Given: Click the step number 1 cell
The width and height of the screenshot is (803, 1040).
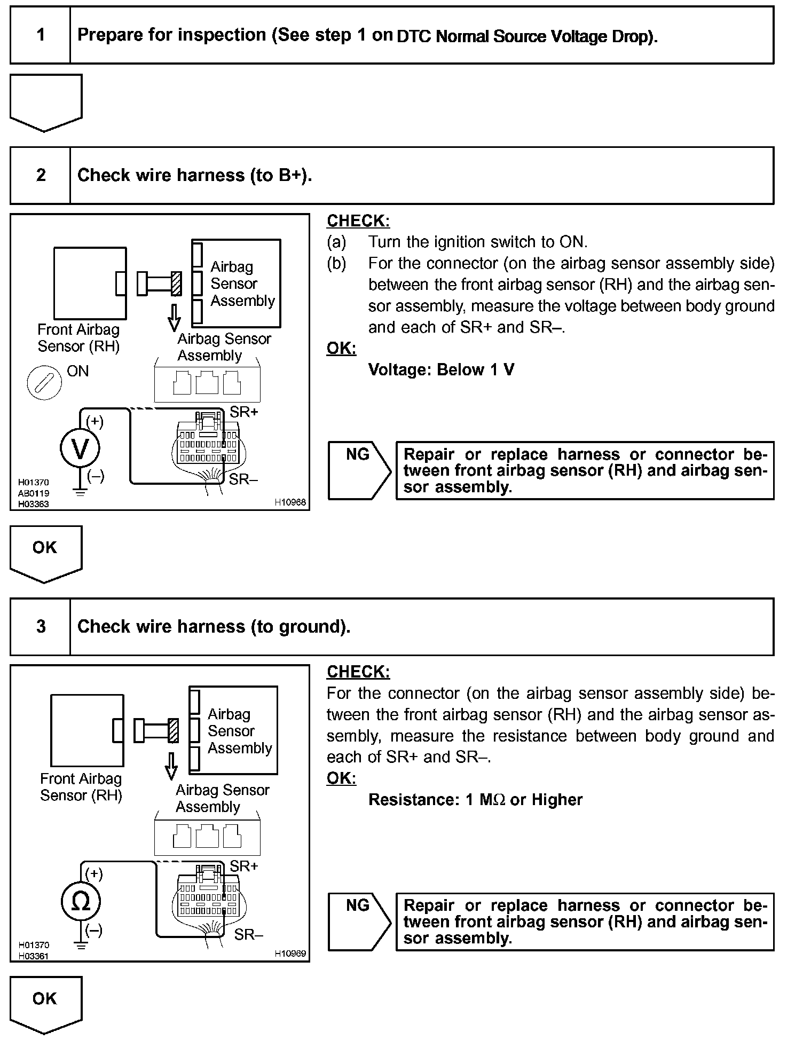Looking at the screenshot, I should pos(41,35).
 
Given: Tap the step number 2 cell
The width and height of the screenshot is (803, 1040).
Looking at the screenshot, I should pos(41,176).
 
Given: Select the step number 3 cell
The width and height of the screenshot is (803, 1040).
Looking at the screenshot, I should pos(41,626).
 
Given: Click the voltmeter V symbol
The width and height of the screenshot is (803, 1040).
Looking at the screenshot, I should pos(80,449).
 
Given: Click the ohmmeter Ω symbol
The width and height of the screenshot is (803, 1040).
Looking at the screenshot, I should pos(81,902).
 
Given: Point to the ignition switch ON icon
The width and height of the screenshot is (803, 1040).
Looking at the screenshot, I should pos(44,382).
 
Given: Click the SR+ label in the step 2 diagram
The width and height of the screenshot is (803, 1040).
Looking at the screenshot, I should pos(244,412).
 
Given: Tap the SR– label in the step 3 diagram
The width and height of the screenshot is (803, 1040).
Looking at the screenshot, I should pos(248,934).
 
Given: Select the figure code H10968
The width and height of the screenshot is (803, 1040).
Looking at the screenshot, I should pos(290,502).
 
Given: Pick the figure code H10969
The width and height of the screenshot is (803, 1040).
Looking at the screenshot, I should pos(290,954).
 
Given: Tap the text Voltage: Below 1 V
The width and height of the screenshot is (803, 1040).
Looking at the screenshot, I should pos(441,369).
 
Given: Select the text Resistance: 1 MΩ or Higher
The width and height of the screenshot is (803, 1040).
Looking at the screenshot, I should pos(475,799).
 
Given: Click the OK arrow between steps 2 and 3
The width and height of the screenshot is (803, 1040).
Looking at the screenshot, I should pos(46,552).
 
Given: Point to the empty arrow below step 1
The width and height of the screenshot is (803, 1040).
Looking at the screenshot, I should pos(46,101).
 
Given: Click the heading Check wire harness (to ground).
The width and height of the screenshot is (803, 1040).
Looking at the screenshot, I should pos(214,626).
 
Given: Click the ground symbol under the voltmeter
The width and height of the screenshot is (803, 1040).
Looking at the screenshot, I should pos(80,492).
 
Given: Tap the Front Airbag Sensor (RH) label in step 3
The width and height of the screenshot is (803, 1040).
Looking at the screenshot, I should pos(81,787).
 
